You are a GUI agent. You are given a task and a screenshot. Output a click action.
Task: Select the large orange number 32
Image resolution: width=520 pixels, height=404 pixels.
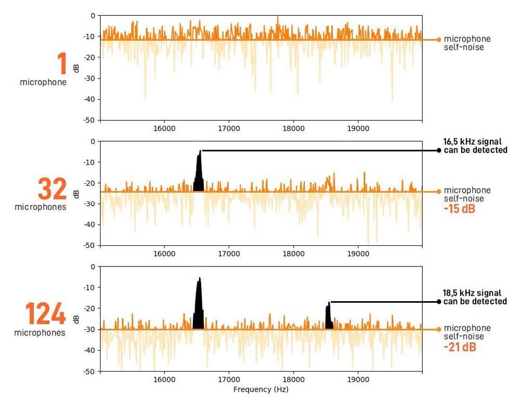point(52,189)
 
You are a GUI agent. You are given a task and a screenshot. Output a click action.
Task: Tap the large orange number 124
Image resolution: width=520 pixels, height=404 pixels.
point(46,315)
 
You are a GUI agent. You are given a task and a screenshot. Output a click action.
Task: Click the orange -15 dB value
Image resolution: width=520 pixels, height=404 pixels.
point(459,209)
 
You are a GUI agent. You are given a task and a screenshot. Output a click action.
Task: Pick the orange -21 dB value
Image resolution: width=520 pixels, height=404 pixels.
point(460,347)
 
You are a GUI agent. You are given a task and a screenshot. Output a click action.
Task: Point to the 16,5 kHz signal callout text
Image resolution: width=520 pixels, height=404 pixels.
point(475,146)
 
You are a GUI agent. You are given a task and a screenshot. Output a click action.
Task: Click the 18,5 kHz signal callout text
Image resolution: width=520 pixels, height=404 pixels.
point(475,297)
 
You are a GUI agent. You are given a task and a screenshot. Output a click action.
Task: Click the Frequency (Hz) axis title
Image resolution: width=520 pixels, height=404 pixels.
point(261,389)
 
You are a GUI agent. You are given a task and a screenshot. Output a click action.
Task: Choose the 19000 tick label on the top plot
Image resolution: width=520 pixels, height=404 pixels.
point(358,129)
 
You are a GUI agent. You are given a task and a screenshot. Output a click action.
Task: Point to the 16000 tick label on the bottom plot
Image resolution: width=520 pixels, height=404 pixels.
point(164,380)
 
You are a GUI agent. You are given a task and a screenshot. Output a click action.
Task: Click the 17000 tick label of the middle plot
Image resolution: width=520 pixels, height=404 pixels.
point(229,254)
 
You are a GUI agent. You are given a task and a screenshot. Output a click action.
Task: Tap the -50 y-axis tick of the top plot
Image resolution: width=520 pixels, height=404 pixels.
point(89,120)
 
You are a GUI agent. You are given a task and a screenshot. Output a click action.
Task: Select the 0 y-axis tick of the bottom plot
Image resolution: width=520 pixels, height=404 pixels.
point(92,266)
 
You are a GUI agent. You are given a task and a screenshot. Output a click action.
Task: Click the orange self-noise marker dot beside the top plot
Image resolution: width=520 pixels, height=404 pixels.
point(438,40)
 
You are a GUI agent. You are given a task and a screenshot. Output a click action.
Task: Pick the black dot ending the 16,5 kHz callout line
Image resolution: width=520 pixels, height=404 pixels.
point(439,151)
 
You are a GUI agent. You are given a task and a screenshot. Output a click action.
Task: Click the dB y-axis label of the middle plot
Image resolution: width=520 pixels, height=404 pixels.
point(76,193)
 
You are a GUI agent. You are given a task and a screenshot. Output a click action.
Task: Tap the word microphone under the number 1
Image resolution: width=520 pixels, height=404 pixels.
point(43,82)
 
